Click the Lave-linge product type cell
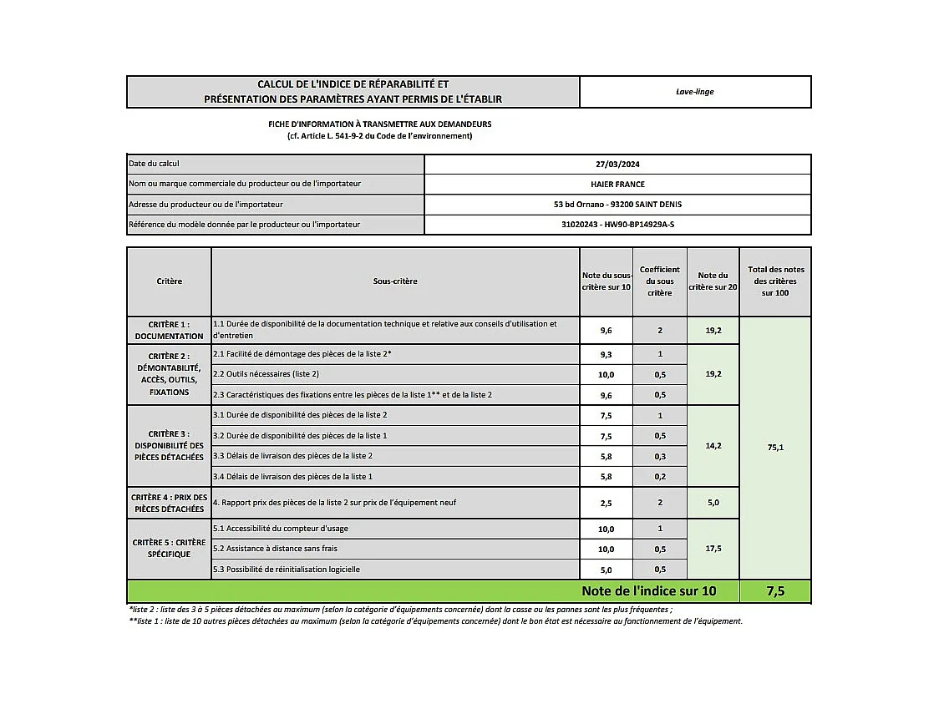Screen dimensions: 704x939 (694, 92)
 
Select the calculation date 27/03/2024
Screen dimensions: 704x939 (617, 165)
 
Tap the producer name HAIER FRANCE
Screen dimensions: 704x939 (617, 185)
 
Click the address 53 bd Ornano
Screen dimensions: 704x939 (617, 205)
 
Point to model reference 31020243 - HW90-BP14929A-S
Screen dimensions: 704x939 (617, 225)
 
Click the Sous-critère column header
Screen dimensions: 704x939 (395, 281)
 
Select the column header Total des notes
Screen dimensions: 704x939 (774, 281)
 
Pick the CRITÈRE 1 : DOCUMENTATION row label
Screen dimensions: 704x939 (169, 330)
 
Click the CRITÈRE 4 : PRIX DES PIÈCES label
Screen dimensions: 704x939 (169, 503)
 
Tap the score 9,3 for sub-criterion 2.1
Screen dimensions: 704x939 (607, 355)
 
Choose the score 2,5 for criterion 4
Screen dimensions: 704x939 (607, 503)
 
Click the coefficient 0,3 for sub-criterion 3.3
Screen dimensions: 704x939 (660, 456)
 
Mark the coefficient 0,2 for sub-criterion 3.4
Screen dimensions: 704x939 (660, 477)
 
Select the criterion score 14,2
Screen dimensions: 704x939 (713, 446)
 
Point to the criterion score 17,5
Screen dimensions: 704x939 (713, 549)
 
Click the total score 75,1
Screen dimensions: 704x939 (774, 448)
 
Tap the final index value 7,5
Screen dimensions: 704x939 (774, 591)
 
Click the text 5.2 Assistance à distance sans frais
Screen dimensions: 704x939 (275, 549)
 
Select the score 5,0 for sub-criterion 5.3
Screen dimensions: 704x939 (607, 570)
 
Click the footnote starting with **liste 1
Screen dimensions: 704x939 (434, 621)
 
